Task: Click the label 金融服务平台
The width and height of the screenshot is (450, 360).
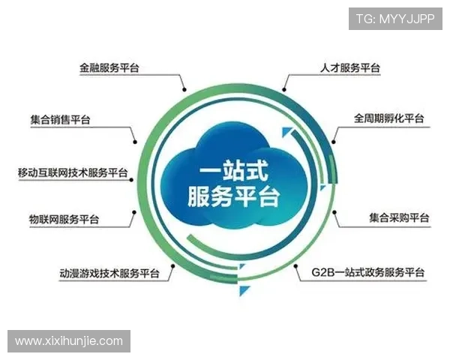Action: (x=110, y=67)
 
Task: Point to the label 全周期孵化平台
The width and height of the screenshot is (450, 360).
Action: (x=388, y=118)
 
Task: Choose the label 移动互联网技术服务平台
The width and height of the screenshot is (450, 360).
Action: (x=73, y=172)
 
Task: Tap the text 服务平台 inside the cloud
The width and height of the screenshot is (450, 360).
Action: (x=229, y=196)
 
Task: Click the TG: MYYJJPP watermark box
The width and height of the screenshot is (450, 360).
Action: (x=395, y=18)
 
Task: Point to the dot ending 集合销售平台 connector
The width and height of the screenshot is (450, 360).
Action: (x=136, y=140)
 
